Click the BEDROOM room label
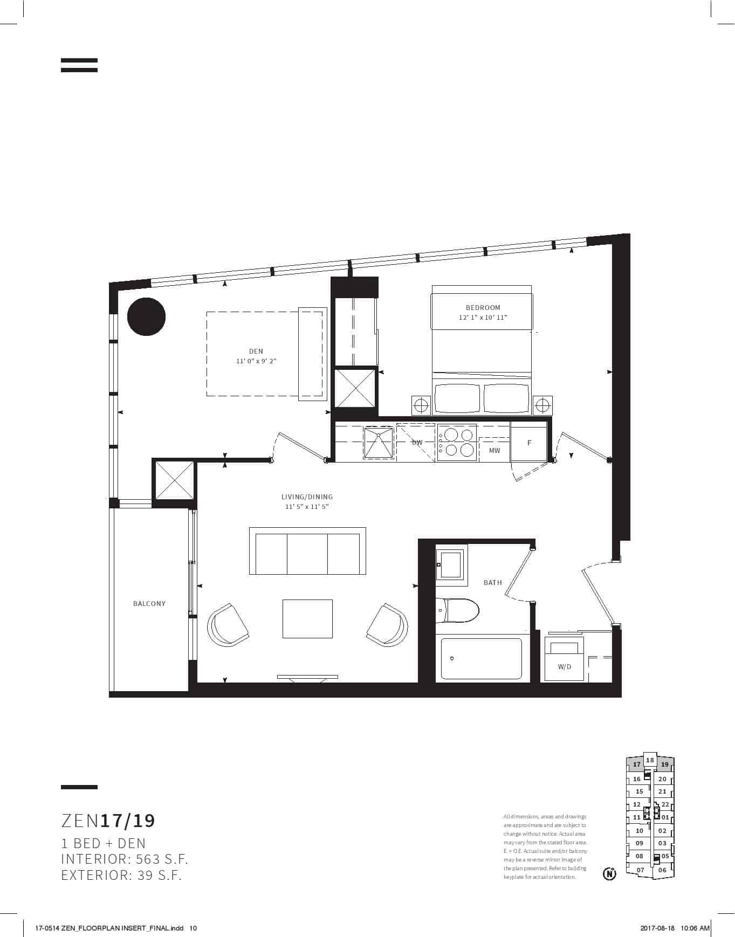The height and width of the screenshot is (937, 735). pyautogui.click(x=483, y=308)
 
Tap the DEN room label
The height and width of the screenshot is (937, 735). pyautogui.click(x=256, y=352)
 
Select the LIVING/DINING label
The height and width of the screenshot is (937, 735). pyautogui.click(x=307, y=497)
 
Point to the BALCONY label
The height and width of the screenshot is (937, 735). pyautogui.click(x=149, y=604)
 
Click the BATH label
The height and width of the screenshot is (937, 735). pyautogui.click(x=493, y=583)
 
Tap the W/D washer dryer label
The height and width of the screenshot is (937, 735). pyautogui.click(x=565, y=667)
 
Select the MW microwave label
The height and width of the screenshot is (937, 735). pyautogui.click(x=494, y=451)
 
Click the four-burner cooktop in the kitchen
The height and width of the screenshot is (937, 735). pyautogui.click(x=457, y=443)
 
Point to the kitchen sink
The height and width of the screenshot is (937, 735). pyautogui.click(x=379, y=442)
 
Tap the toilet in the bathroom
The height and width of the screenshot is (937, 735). pyautogui.click(x=457, y=610)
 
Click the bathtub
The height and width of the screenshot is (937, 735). pyautogui.click(x=482, y=659)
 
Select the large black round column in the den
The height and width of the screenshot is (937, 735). pyautogui.click(x=146, y=316)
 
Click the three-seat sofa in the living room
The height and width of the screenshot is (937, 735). pyautogui.click(x=307, y=551)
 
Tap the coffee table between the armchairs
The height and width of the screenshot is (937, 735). pyautogui.click(x=307, y=618)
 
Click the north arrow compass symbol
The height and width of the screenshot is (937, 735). pyautogui.click(x=609, y=873)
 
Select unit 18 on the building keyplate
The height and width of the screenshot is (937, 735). pyautogui.click(x=650, y=760)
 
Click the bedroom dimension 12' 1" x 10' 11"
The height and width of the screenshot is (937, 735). pyautogui.click(x=483, y=318)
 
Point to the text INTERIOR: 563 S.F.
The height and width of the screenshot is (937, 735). pyautogui.click(x=125, y=859)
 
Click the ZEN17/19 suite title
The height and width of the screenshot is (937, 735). pyautogui.click(x=108, y=821)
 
